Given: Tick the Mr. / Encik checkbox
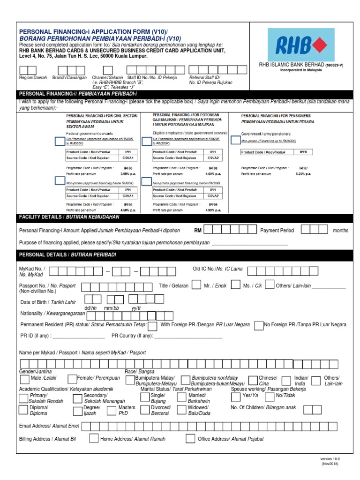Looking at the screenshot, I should coord(197,285).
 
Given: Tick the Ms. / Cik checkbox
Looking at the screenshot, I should coord(235,285).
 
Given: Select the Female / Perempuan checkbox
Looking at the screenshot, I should coord(72,379).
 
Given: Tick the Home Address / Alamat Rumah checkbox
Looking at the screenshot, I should coord(94,438).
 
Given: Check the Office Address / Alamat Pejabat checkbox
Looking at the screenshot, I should coord(190,438).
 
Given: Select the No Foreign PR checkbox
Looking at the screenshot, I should coord(258,325).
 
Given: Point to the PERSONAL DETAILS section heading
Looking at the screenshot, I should coord(67,255).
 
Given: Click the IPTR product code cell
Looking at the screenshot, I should coord(303,152).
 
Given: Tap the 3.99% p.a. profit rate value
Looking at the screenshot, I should coord(128,173).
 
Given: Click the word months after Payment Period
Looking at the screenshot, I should coord(341,230).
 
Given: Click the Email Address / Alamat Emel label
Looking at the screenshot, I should coord(49,426).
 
